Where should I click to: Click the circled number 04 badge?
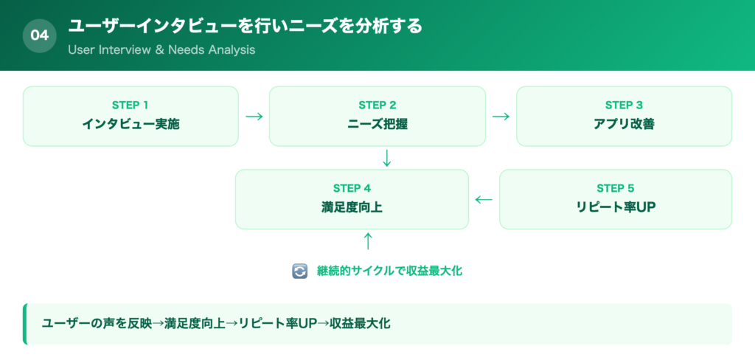click(x=40, y=35)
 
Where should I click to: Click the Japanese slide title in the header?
click(x=246, y=27)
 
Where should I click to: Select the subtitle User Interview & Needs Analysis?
click(x=161, y=50)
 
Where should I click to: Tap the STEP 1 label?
click(x=131, y=105)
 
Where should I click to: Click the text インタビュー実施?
click(x=131, y=124)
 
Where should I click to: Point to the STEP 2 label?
click(x=377, y=105)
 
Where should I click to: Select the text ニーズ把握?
click(x=377, y=124)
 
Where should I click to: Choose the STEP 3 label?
click(x=624, y=105)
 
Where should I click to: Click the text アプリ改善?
click(x=624, y=124)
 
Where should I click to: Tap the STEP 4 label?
click(x=352, y=188)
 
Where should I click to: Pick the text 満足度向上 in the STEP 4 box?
click(x=352, y=207)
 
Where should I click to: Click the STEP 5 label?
click(x=616, y=188)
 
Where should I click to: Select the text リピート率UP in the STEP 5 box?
click(x=616, y=207)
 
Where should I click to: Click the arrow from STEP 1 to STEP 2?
click(x=254, y=117)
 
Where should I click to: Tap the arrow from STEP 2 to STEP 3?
click(x=501, y=117)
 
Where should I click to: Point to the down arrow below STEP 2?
click(x=386, y=158)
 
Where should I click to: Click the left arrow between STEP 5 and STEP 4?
click(x=484, y=199)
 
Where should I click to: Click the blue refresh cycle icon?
click(x=299, y=271)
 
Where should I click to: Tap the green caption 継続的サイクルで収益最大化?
click(x=389, y=271)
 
